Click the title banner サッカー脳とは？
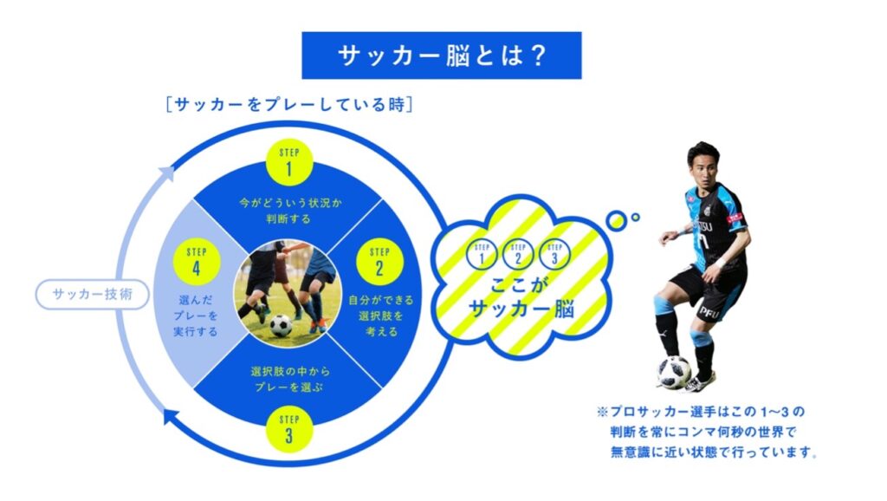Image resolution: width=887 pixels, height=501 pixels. [441, 55]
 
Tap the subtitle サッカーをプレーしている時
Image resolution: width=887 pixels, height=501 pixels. [289, 105]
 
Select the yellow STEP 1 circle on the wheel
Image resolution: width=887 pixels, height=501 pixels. [289, 162]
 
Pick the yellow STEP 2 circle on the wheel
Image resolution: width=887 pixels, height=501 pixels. [379, 262]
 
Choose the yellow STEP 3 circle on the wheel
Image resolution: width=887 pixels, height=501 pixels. [289, 429]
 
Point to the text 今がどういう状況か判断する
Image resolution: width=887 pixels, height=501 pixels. [290, 211]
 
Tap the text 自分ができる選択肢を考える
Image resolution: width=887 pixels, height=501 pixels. [381, 316]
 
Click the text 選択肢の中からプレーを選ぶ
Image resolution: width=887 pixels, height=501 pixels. [290, 380]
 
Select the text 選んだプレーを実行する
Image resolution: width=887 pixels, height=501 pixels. [195, 316]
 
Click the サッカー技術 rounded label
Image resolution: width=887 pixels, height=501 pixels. [92, 295]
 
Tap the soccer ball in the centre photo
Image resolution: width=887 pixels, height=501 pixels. [281, 326]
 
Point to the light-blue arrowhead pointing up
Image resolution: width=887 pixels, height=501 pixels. [166, 173]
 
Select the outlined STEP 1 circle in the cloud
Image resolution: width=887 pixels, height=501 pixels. [482, 254]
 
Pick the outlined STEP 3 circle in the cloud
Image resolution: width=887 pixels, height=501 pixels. [554, 254]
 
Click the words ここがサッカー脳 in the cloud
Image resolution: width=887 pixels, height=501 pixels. [521, 297]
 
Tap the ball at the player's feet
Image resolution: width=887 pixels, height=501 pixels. [674, 372]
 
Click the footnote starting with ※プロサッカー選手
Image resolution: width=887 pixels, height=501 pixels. [707, 432]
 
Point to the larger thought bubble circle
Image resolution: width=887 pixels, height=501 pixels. [616, 221]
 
